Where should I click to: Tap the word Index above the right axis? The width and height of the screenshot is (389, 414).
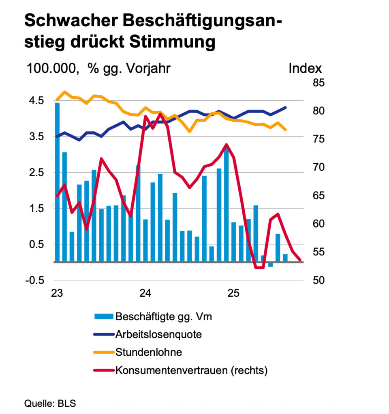305,68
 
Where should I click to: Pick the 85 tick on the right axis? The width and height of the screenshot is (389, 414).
319,82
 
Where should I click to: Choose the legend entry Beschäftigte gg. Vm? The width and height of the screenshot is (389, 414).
163,317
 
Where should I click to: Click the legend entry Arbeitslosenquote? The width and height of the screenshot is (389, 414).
158,334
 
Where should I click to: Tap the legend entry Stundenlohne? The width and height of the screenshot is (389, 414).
148,352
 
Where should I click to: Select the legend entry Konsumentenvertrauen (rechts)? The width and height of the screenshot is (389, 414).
191,370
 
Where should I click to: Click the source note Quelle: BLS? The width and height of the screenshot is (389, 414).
50,403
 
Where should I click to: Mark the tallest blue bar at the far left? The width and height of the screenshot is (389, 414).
57,182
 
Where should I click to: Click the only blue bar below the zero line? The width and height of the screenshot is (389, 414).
270,264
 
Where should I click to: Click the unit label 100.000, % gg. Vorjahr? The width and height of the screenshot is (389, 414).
98,68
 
